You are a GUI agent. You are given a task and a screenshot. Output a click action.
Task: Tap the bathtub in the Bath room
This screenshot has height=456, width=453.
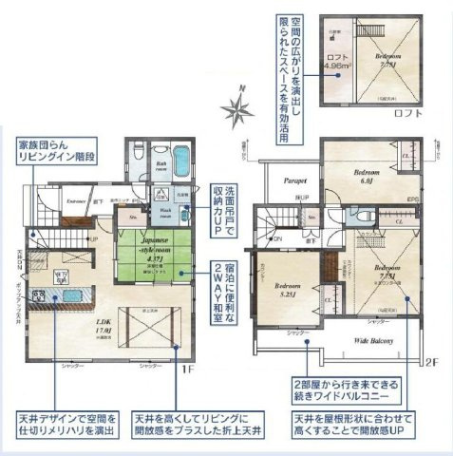pos(180,156)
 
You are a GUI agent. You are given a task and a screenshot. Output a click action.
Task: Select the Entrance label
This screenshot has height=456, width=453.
pos(78,201)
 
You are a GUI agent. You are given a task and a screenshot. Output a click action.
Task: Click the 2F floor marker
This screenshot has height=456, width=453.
pos(431,362)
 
